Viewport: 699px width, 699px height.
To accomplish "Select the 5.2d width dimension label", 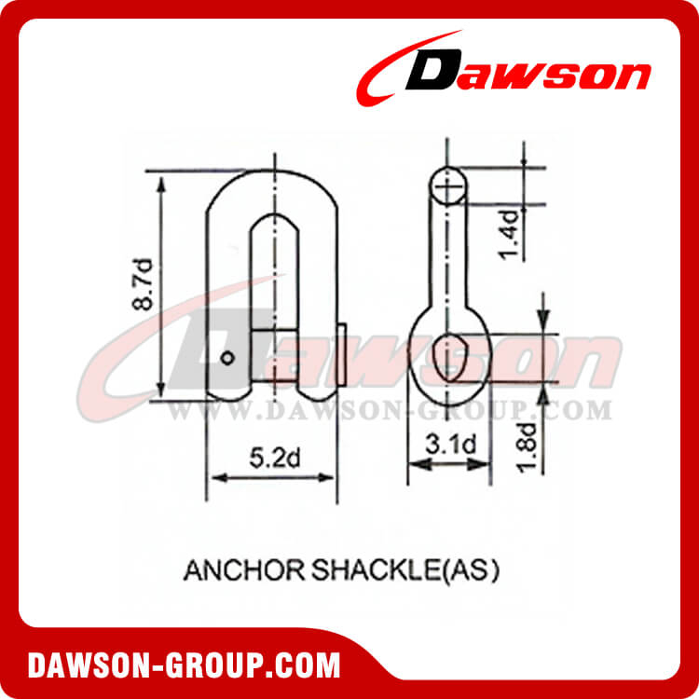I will (271, 458).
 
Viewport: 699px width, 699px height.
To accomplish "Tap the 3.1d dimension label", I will (448, 445).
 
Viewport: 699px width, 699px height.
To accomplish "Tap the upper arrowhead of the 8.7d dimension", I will (164, 182).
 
